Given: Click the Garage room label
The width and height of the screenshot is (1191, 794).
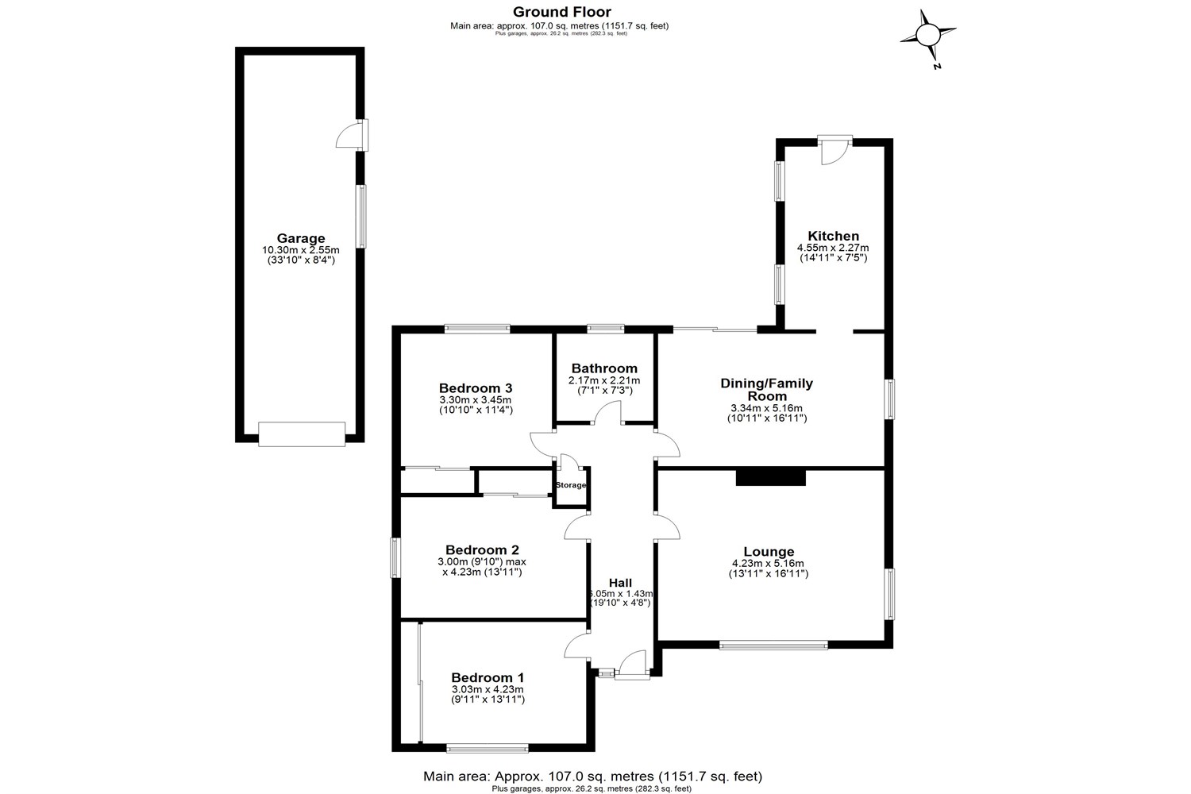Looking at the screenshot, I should coord(301,238).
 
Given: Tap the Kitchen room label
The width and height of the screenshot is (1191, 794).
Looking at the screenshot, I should coord(833,236).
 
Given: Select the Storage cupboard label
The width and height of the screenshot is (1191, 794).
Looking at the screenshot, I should coord(571,485).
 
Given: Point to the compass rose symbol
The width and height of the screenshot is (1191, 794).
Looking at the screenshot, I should coord(927,35).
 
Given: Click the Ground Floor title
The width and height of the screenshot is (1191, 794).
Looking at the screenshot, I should coord(561,11).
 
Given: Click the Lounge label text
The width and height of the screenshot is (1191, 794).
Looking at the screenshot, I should coord(769,552).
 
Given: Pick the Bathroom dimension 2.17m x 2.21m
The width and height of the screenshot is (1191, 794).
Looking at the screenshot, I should coord(604,381).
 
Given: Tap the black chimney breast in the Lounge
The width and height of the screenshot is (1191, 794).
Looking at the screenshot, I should coord(770,477).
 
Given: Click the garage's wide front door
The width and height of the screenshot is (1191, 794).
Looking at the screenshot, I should coord(302,434).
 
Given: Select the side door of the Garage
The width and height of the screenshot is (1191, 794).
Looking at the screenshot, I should coord(351,136).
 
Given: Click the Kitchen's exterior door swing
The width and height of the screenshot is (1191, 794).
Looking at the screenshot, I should coord(834,152).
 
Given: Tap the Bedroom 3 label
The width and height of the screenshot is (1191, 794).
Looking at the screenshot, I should coord(476,388).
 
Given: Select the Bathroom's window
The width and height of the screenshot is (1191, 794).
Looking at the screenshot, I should coord(605,327).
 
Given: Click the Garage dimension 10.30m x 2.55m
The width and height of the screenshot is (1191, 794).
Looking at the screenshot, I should coord(301,250).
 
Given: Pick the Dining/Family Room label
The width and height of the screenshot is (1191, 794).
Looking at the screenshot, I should coord(767,390).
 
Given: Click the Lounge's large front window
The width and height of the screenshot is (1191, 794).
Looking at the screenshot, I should coord(773,646).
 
